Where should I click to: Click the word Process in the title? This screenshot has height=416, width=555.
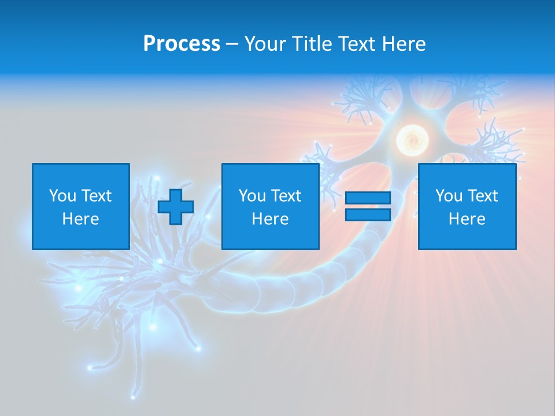coord(182,44)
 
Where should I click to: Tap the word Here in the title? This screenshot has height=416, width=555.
coord(403,44)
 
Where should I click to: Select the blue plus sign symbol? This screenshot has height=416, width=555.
coord(176,206)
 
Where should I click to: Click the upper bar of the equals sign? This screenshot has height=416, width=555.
coord(368,198)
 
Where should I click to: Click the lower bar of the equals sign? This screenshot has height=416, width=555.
coord(368,214)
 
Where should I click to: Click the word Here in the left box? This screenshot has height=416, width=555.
coord(80,219)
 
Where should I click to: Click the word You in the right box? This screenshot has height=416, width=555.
coord(449,196)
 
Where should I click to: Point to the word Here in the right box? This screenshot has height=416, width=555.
coord(467,219)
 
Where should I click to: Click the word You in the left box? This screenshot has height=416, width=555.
coord(62,196)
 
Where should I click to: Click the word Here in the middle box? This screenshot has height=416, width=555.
coord(270,219)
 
